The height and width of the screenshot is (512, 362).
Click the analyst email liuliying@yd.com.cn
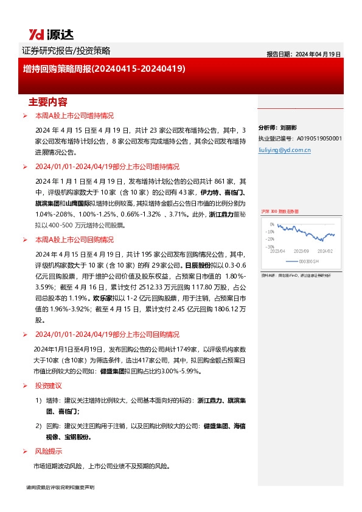(x=285, y=148)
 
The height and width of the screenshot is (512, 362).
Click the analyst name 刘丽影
(x=288, y=128)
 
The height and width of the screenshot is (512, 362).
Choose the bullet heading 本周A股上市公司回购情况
(x=74, y=240)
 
